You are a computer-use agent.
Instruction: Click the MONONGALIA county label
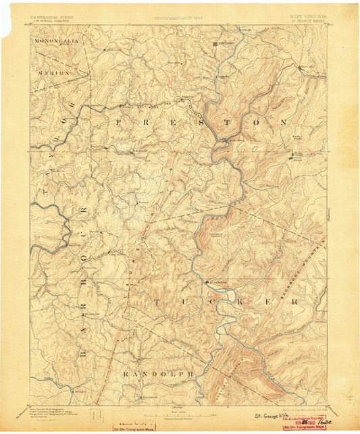(x=57, y=40)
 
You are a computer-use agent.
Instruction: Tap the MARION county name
(x=58, y=72)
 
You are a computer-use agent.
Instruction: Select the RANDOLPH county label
(x=157, y=373)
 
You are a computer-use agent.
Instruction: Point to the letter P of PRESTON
(x=120, y=122)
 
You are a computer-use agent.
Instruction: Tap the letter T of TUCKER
(x=156, y=301)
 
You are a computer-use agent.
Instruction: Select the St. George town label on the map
(x=215, y=282)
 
